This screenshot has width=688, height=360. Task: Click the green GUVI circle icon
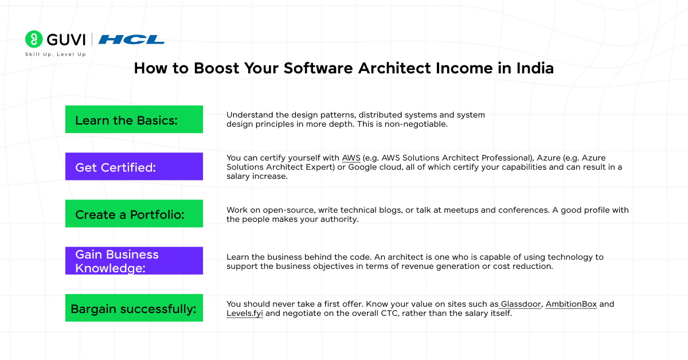tap(34, 39)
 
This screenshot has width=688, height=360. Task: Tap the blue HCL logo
tap(131, 40)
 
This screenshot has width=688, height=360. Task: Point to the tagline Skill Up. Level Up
tap(55, 54)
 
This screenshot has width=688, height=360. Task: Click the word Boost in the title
tap(217, 68)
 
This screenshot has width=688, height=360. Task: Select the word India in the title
tap(535, 68)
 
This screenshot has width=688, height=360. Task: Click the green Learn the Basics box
tap(134, 119)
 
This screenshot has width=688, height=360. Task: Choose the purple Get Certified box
tap(134, 166)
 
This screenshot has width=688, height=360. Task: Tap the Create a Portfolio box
tap(134, 213)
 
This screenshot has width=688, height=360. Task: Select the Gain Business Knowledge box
tap(134, 260)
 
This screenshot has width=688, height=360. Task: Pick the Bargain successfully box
tap(134, 308)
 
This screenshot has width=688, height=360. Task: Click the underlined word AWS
tap(351, 158)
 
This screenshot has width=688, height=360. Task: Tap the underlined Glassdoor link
tap(521, 304)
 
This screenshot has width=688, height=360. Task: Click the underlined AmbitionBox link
tap(571, 304)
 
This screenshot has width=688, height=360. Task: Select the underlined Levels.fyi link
tap(245, 314)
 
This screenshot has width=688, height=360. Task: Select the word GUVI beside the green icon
tap(66, 40)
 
